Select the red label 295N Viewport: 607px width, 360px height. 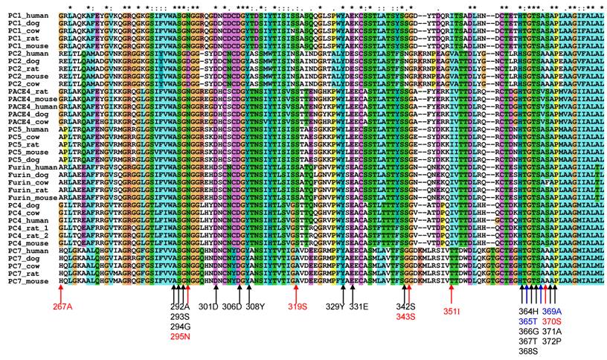181,335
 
